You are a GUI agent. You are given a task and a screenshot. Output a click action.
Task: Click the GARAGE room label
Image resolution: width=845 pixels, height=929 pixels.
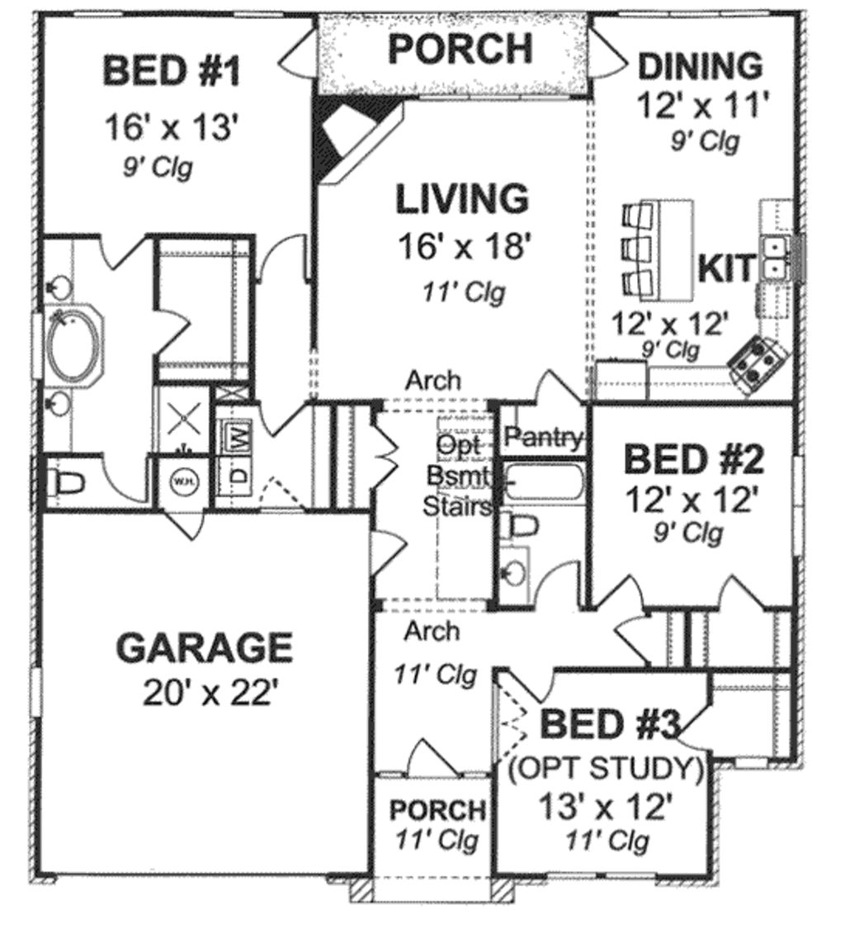[204, 647]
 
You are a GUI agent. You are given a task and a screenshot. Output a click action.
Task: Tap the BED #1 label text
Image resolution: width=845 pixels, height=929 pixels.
[172, 71]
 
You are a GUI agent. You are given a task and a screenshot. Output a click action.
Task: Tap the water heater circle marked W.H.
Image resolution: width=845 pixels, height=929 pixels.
[182, 480]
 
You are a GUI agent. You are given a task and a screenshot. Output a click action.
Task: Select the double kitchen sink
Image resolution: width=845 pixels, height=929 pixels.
[776, 257]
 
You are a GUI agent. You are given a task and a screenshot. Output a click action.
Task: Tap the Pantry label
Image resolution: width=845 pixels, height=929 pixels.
[543, 437]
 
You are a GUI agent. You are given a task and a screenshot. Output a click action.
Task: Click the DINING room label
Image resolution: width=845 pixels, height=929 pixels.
[701, 65]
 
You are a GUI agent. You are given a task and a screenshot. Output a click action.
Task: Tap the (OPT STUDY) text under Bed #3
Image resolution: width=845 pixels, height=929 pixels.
[606, 769]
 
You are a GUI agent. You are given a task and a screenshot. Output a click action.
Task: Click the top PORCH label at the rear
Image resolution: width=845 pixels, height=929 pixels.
[460, 50]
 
